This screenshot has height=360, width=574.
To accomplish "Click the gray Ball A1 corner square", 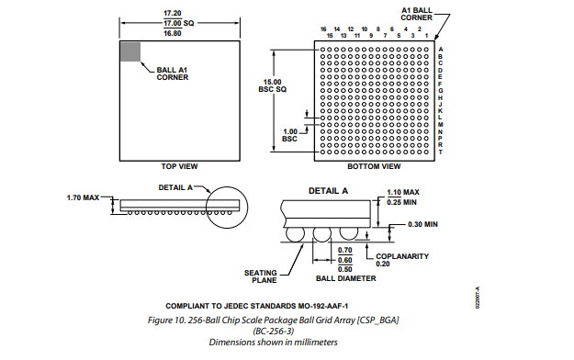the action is click(130, 51).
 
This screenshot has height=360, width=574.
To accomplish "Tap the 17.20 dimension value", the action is click(173, 13).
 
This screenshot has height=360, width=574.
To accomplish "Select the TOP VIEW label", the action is click(179, 166).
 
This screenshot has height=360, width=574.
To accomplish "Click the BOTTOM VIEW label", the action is click(374, 166).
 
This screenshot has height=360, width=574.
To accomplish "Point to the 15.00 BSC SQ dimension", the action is click(273, 85).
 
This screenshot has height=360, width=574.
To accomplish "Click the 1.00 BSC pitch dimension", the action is click(290, 135).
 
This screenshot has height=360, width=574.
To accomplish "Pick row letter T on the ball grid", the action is click(441, 152).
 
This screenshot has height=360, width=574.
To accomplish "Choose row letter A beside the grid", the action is click(441, 49).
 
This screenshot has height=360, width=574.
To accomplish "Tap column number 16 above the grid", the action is click(323, 29).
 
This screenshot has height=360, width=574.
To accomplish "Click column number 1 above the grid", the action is click(426, 36).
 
